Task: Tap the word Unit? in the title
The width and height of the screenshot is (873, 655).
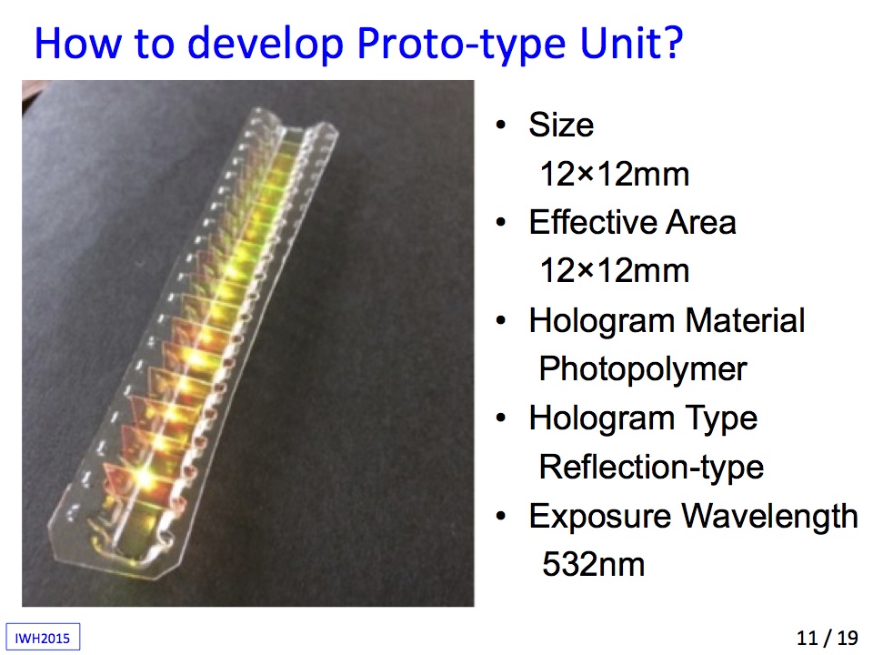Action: (632, 43)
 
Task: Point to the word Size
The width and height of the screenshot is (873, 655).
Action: (561, 125)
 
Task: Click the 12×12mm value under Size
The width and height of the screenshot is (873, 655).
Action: (615, 174)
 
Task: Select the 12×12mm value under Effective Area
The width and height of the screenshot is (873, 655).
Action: (615, 271)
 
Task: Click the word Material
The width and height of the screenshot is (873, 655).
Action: (745, 320)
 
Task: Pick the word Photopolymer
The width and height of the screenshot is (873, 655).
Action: (643, 370)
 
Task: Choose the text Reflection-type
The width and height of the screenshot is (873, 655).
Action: (651, 468)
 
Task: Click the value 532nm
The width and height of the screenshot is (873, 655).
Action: (594, 564)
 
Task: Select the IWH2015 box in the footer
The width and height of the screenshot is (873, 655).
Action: (43, 637)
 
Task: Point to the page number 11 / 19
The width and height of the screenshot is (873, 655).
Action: (828, 638)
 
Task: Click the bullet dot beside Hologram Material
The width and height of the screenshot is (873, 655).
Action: (501, 321)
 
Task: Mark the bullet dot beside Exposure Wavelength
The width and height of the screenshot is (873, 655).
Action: (501, 517)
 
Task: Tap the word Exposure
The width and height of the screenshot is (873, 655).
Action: (600, 518)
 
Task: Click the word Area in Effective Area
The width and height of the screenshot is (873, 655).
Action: (701, 222)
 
